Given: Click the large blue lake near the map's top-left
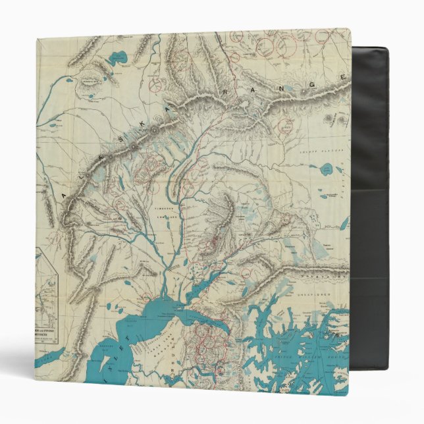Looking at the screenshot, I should click(x=119, y=57).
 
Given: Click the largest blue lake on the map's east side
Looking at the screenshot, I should click(x=327, y=169).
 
